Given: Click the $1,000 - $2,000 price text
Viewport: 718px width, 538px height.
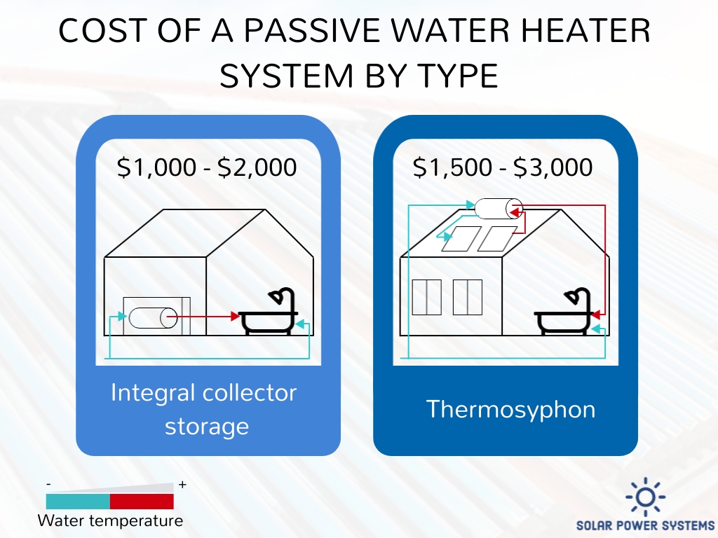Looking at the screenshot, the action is point(207,167).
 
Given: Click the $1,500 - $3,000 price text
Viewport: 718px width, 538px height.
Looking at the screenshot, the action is point(502,167).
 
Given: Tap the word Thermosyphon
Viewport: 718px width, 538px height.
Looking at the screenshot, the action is point(510,409).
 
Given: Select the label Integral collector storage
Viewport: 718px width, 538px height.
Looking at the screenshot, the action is point(204,409).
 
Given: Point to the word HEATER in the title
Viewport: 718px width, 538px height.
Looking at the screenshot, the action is point(586,31).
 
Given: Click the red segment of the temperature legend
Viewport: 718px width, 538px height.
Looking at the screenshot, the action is point(142,502).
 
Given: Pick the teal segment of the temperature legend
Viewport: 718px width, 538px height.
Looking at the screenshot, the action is point(78,502).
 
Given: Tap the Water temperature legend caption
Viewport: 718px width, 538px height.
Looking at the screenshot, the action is point(110,520).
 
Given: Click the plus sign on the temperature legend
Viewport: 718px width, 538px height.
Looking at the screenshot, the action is point(182,485).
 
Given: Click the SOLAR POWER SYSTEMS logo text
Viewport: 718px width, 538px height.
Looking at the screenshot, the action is point(645,525).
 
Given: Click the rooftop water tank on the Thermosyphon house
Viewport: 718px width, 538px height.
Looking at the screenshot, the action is point(499,209).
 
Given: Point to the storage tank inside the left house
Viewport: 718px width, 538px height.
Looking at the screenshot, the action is point(153,318).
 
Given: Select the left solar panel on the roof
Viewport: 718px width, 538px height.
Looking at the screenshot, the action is point(461,238).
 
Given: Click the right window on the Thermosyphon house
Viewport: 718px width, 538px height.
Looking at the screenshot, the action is point(468,297).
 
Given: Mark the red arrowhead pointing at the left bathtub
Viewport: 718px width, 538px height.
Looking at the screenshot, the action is point(235,316).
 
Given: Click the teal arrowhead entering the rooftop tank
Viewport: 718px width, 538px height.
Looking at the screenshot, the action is point(470,205).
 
